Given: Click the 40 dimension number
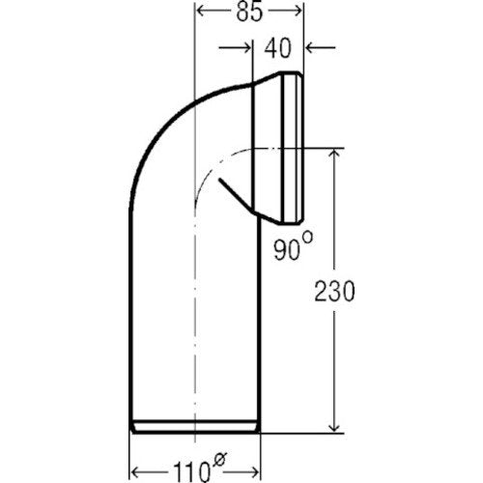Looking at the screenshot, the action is [x=278, y=48].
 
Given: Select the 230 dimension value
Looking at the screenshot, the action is [x=334, y=292].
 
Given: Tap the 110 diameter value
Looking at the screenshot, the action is [x=192, y=472].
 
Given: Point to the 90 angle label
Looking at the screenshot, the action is [x=287, y=249].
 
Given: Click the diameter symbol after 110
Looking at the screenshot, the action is [x=219, y=459].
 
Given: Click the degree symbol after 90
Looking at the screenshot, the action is [x=307, y=239].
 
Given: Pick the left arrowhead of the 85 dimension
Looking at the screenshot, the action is [x=202, y=11].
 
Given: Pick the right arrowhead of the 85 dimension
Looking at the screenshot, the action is [x=297, y=11].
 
